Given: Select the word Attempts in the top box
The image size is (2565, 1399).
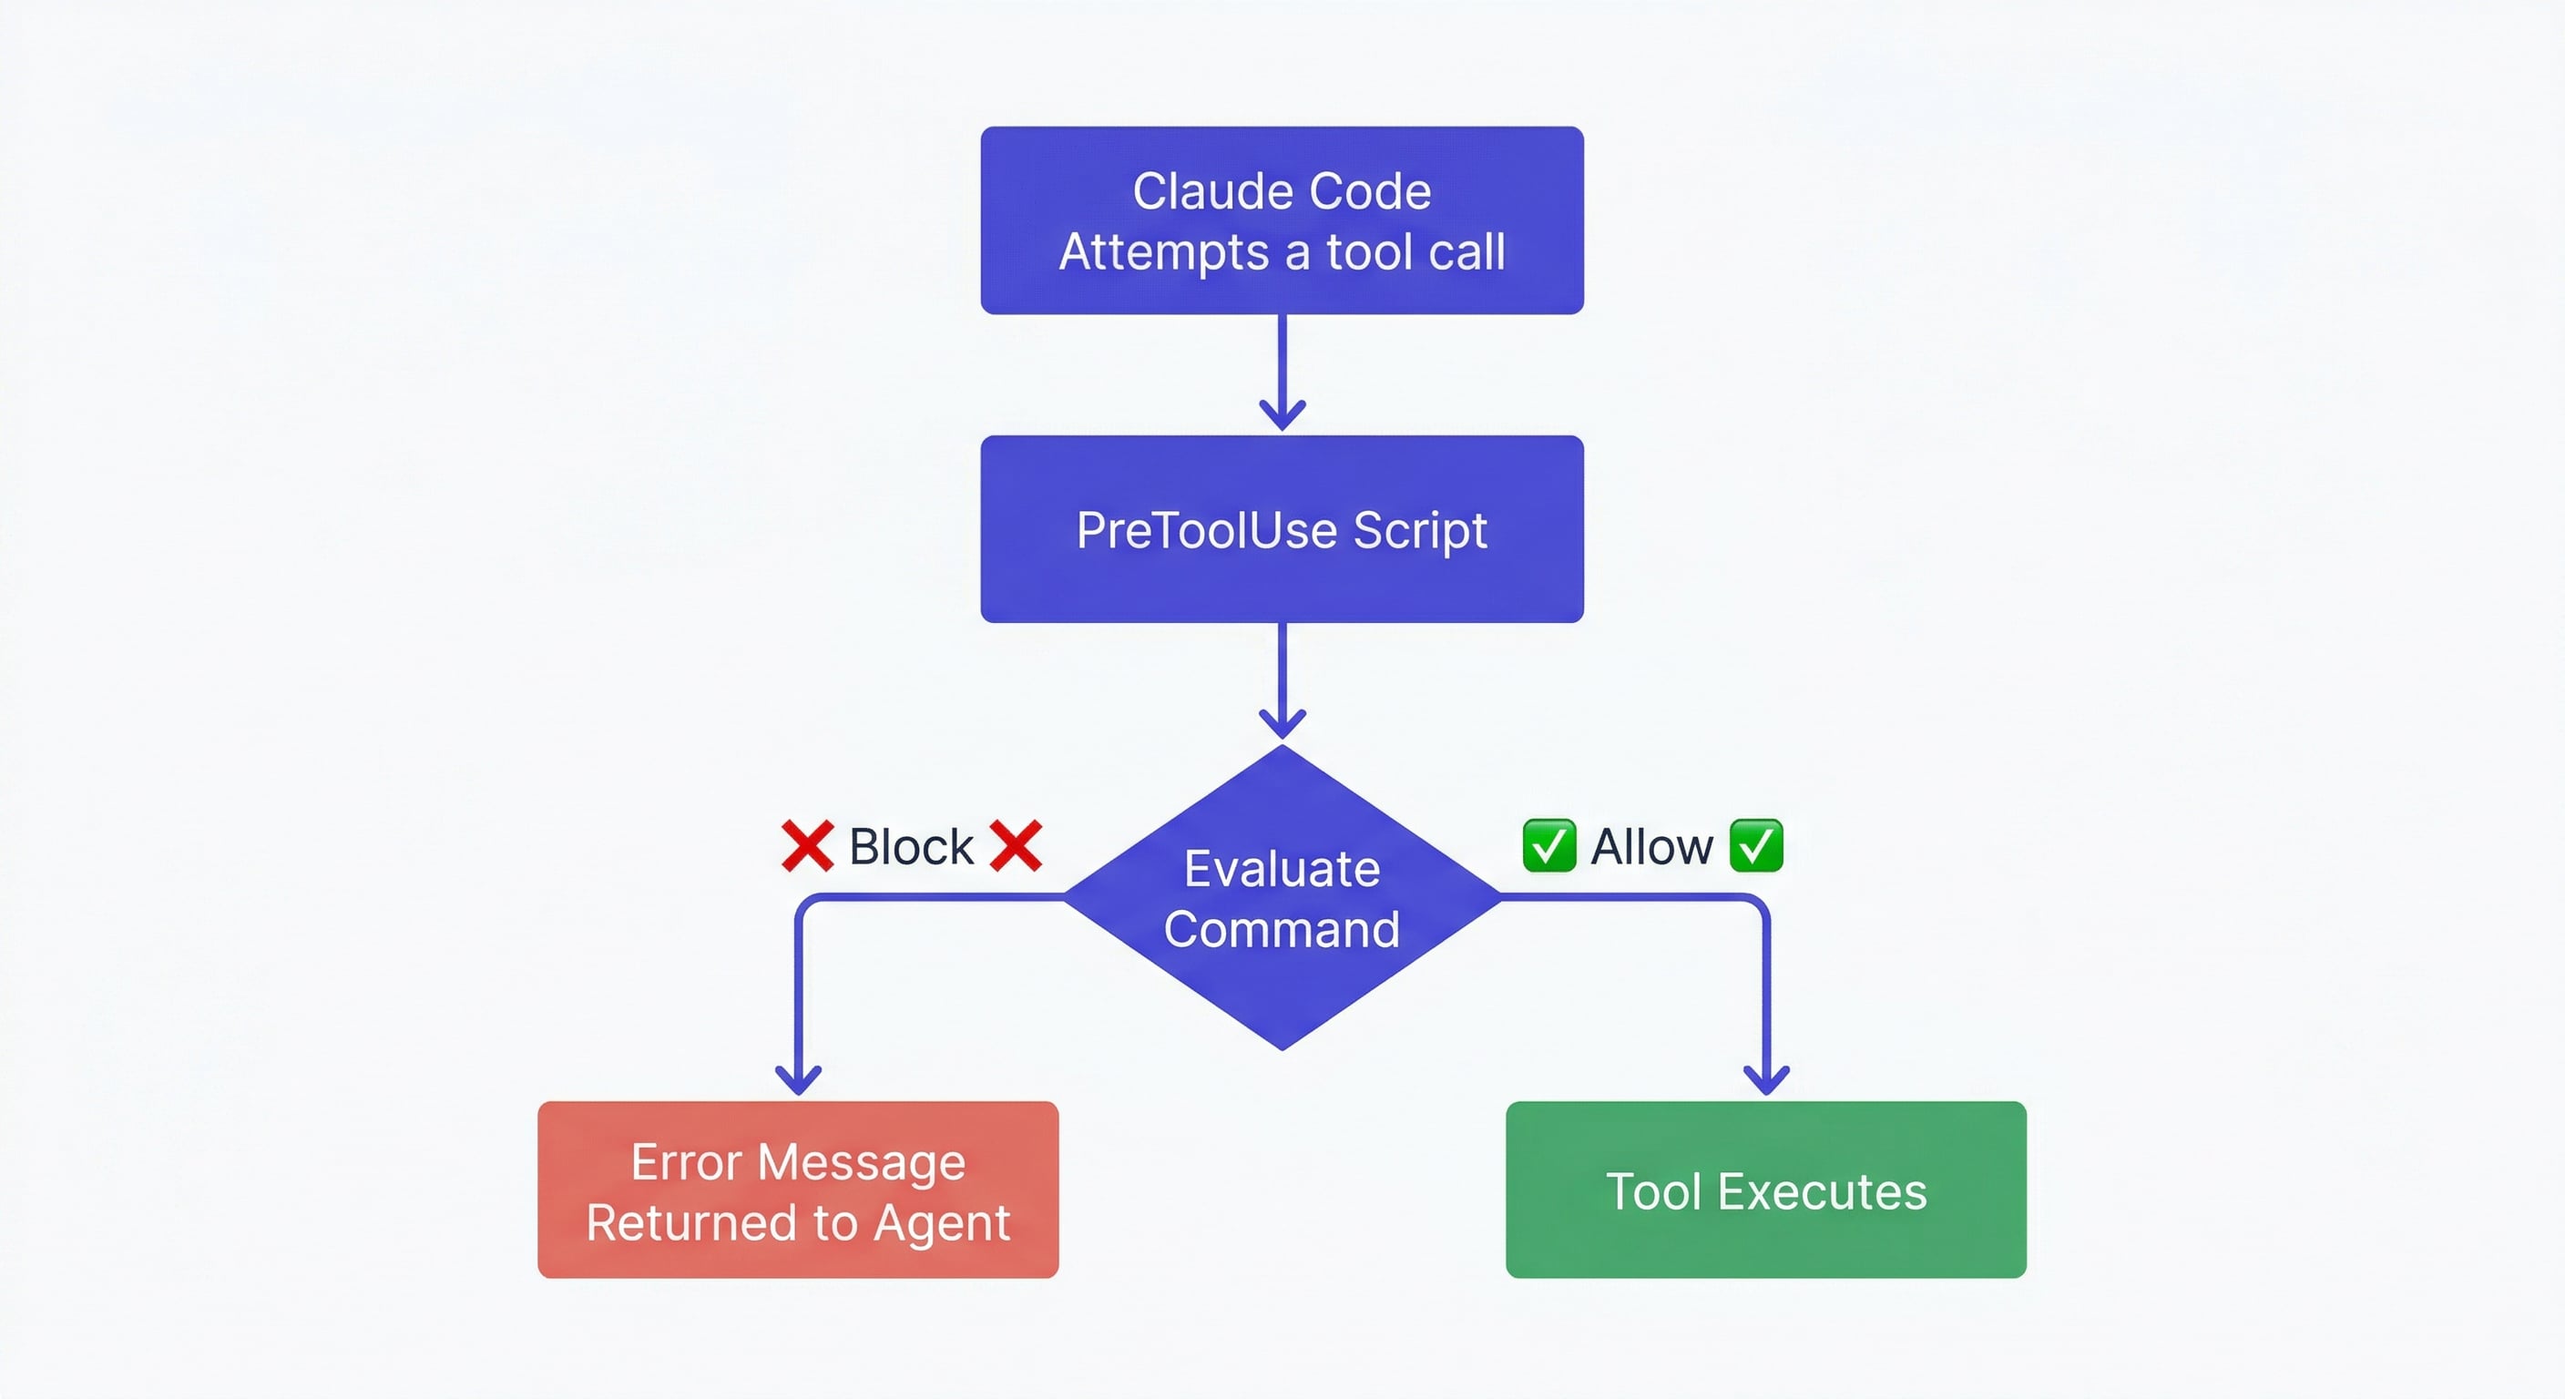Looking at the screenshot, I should (1164, 252).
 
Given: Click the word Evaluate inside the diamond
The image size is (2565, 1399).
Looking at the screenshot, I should (1282, 868).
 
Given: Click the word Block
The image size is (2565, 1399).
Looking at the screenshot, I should (910, 847).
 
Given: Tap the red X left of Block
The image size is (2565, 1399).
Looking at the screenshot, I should (806, 846).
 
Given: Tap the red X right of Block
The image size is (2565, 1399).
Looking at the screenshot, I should (1016, 846).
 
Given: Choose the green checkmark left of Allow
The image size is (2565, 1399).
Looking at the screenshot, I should (1549, 845).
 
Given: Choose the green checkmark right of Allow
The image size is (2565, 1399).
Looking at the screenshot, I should (1756, 845).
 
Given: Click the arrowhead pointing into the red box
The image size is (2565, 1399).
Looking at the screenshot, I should (798, 1080).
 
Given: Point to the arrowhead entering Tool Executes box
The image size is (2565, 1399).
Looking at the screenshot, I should (1766, 1080).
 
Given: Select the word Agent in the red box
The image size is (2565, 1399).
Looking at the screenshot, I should (941, 1224).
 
